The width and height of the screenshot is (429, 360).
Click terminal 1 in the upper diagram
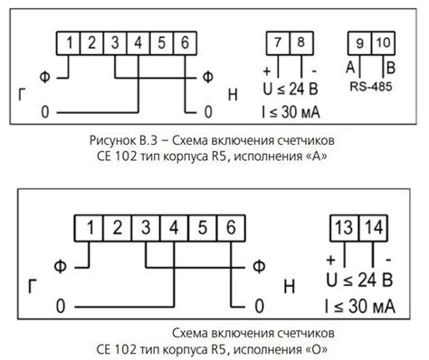tap(70, 43)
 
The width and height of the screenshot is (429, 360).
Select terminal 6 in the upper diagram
tap(184, 43)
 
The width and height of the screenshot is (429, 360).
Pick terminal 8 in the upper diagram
tap(301, 43)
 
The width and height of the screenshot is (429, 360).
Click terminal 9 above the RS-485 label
tap(359, 43)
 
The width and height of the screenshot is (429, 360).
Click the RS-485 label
tap(371, 89)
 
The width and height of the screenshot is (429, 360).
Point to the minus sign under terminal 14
tap(388, 260)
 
